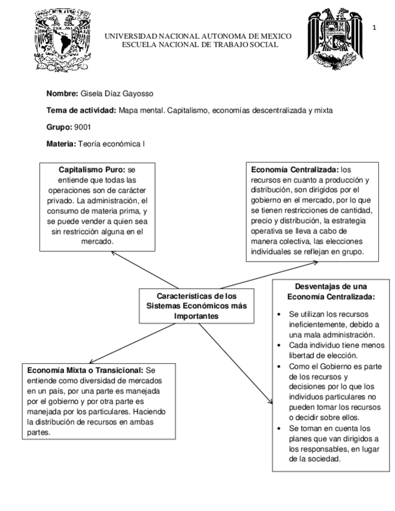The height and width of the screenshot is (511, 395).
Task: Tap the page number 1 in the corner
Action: point(374,28)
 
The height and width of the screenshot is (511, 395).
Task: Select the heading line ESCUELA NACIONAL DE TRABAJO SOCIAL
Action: point(199,45)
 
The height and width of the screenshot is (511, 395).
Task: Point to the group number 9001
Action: point(82,127)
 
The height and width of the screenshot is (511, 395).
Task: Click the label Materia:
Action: point(60,143)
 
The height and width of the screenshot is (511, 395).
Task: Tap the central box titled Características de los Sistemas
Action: point(197,306)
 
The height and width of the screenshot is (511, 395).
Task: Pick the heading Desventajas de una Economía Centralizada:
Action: point(331,292)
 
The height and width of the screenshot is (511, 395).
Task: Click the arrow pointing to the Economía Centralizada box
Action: point(253,276)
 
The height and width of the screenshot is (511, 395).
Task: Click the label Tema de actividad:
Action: point(81,110)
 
